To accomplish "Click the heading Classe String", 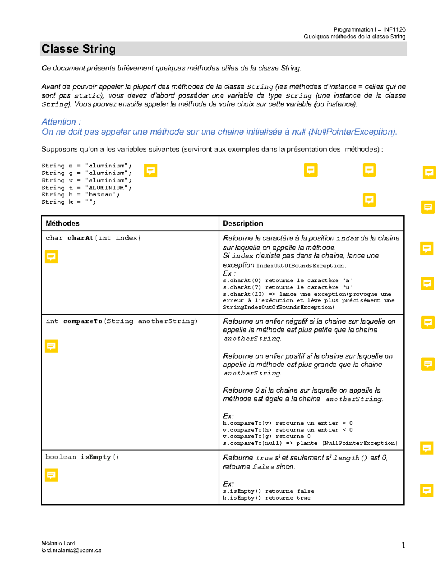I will (79, 49).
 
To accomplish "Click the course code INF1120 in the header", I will (394, 29).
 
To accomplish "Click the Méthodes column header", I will (63, 223).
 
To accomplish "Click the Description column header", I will (243, 223).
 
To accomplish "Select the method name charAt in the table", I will (80, 238).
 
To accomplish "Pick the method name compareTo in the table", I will (83, 321).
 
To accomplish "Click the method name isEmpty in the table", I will (96, 457).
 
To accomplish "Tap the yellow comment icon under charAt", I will (51, 257).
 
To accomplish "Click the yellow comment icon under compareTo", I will (51, 346).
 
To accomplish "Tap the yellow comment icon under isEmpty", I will (51, 475).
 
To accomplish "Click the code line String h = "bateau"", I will (80, 195).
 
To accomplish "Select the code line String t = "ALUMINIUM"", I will (86, 188).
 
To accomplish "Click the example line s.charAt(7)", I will (287, 287).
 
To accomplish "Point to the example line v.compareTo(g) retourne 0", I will (267, 436).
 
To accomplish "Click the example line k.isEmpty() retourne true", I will (267, 498).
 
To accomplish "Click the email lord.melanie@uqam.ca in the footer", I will (72, 550).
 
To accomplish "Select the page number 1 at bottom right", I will (403, 545).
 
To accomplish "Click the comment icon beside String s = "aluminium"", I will (150, 171).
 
